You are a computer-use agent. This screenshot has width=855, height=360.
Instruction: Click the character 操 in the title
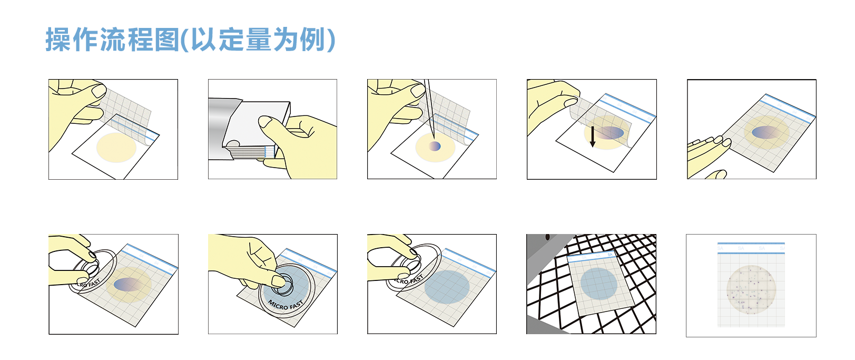[58, 40]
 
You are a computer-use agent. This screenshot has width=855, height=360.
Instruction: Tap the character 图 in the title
[167, 40]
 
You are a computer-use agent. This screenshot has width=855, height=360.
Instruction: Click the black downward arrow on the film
[593, 136]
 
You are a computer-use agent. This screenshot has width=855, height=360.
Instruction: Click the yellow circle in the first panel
[116, 148]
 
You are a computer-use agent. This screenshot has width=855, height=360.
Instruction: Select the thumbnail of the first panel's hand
[99, 91]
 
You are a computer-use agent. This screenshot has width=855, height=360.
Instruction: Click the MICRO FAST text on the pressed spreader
[285, 305]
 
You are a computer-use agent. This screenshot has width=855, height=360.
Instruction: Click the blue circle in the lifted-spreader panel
[447, 287]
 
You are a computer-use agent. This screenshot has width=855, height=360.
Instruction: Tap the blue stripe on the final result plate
[751, 244]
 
